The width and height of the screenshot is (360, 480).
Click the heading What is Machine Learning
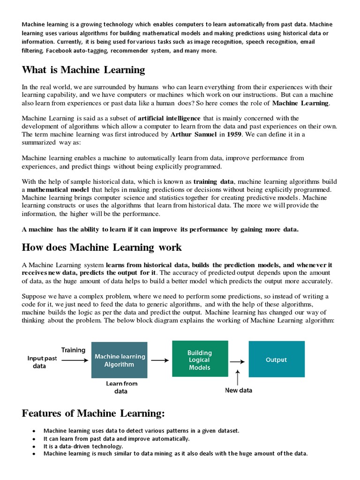click(x=83, y=70)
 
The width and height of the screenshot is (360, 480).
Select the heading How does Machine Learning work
click(x=102, y=247)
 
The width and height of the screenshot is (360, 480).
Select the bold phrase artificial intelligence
click(x=169, y=118)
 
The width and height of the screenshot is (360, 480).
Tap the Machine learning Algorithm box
click(x=119, y=360)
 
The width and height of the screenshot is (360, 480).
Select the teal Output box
click(x=276, y=360)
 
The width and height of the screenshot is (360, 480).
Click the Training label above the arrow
click(x=73, y=350)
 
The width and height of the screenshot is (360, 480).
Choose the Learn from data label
click(x=121, y=387)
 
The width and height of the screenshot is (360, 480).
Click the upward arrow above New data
click(x=239, y=376)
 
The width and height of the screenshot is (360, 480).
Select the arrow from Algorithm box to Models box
click(x=160, y=360)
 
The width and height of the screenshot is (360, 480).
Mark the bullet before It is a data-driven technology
click(x=34, y=447)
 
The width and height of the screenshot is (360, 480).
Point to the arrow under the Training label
click(x=74, y=360)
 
